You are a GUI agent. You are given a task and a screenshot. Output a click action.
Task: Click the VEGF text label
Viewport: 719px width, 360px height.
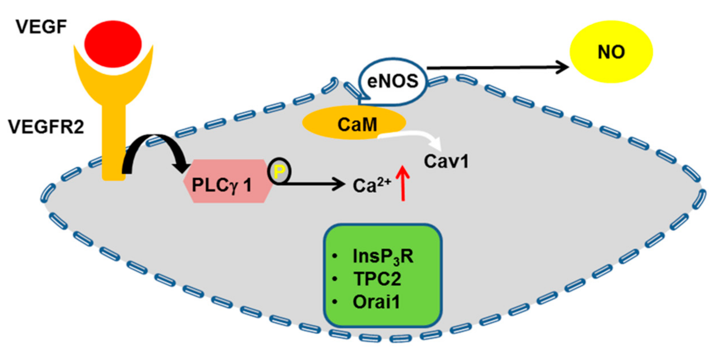point(41,27)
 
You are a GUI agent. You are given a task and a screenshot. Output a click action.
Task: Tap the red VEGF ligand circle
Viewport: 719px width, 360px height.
point(113,44)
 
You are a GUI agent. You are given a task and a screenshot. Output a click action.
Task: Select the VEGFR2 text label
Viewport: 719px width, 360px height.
point(46,127)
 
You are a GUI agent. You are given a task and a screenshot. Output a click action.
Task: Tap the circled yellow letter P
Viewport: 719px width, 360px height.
point(279,171)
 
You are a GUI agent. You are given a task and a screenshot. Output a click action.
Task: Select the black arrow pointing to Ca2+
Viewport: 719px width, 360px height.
point(311,184)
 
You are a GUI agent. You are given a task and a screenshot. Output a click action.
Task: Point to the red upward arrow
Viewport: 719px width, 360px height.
point(403,183)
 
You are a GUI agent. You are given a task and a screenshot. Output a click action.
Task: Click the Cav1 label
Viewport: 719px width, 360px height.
point(446,161)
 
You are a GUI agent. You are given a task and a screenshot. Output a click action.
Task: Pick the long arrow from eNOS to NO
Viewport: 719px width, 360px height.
point(496,67)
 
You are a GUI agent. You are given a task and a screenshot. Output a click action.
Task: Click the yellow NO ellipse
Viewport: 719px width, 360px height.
point(611,52)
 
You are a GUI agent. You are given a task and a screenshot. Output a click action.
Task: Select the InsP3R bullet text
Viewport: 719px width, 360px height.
point(383,256)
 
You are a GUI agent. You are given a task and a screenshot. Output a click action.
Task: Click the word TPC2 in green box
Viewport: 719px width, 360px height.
point(377,279)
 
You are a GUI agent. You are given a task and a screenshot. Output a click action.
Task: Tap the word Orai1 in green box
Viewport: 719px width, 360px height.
point(376,302)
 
